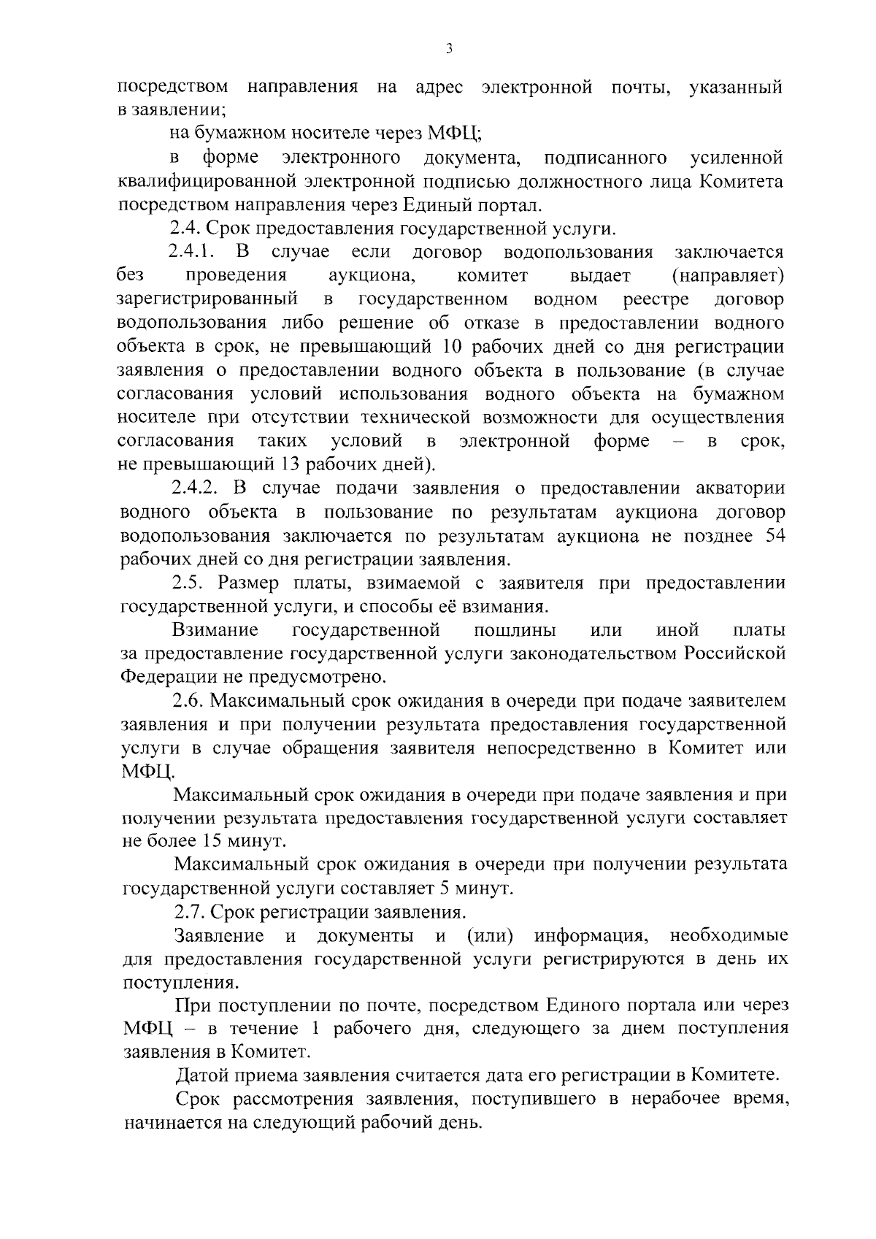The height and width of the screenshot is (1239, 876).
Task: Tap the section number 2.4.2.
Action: click(x=194, y=488)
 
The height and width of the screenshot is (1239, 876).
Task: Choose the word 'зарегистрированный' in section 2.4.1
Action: click(x=207, y=299)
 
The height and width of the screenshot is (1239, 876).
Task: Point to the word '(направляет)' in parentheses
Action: click(x=727, y=276)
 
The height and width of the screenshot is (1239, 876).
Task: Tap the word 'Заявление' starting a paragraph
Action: click(x=219, y=936)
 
